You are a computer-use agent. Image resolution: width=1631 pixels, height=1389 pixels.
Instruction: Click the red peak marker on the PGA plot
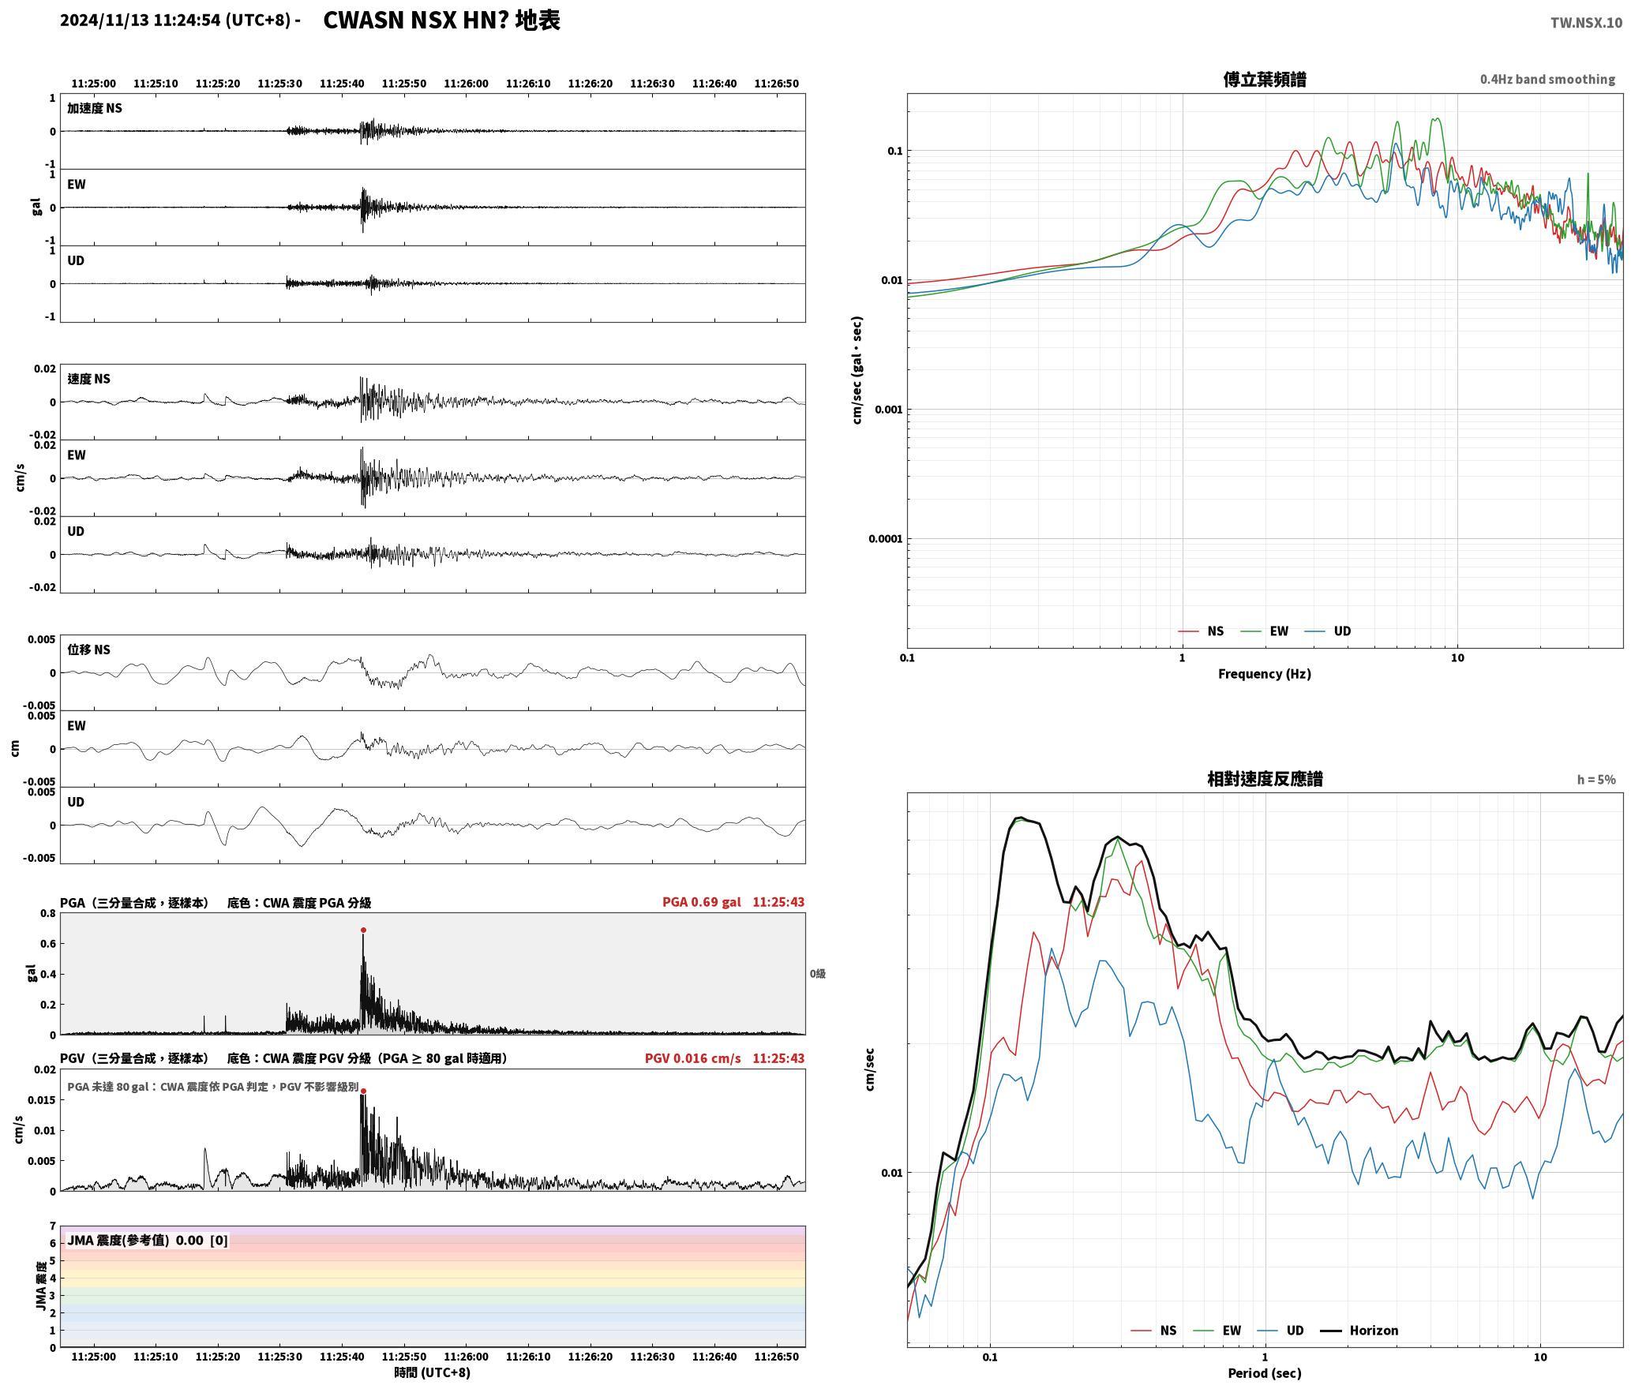click(363, 930)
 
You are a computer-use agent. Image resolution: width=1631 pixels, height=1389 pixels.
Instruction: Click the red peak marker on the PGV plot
click(363, 1091)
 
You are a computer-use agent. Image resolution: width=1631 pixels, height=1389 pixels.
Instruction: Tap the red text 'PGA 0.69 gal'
click(701, 902)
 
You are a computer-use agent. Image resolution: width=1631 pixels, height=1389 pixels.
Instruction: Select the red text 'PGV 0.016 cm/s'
click(692, 1058)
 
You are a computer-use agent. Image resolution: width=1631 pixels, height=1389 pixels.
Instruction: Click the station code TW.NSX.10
click(1586, 23)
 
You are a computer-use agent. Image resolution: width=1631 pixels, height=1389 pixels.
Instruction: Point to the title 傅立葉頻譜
click(1264, 79)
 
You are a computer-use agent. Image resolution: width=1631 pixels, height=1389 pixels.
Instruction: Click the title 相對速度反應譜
click(1265, 779)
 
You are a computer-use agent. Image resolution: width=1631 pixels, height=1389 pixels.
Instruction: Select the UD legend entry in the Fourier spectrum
click(1328, 631)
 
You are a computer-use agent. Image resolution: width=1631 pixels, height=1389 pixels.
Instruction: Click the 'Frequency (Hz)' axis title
click(1264, 674)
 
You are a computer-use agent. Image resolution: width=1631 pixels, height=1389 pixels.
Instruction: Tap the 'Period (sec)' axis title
click(1264, 1373)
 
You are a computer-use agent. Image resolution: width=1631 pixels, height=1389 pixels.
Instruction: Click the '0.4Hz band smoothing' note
click(1547, 80)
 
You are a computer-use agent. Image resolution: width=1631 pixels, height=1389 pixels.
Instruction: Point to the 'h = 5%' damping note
click(1596, 780)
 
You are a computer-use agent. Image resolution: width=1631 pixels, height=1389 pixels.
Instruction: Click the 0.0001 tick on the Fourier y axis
click(885, 540)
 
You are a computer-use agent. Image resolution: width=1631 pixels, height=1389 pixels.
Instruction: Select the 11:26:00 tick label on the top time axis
click(466, 84)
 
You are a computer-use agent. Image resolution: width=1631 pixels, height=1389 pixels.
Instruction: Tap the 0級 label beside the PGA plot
click(817, 974)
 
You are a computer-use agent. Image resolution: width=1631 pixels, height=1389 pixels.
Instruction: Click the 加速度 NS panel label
click(95, 108)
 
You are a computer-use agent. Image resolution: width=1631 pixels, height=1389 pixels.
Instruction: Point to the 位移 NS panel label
click(88, 650)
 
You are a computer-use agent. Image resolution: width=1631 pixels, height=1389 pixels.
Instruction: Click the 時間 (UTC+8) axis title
click(433, 1373)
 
